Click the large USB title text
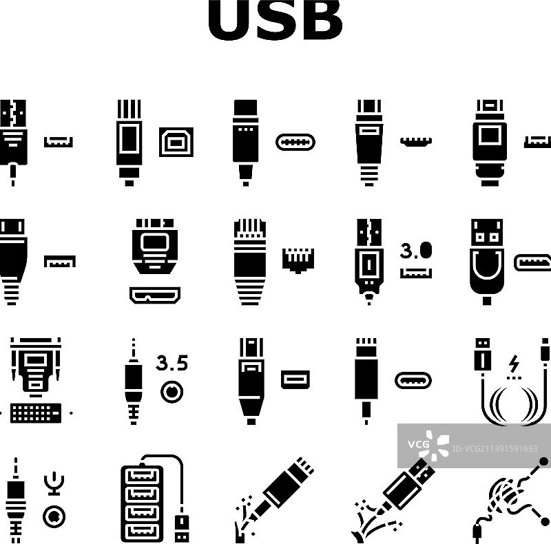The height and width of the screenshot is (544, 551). click(275, 21)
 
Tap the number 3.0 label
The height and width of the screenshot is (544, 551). click(415, 250)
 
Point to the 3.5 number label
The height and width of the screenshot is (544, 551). click(171, 363)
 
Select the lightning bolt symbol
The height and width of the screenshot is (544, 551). click(513, 362)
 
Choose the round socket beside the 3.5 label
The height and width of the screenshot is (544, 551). click(171, 393)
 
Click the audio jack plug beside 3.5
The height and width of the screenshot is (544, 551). click(132, 383)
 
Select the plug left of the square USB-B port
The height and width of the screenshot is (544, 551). click(129, 143)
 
